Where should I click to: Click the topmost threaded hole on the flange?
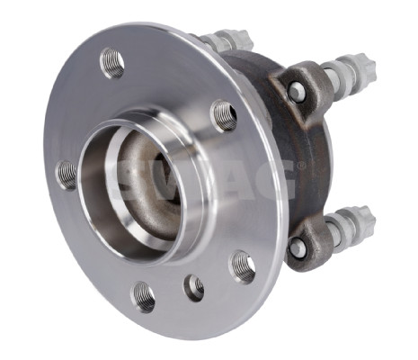click(x=113, y=62)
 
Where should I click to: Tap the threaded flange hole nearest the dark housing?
click(x=224, y=115)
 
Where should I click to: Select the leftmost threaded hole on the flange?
click(x=67, y=174)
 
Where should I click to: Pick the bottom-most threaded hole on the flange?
click(x=143, y=295)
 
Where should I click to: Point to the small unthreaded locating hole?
click(x=194, y=287)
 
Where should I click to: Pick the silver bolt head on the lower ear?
click(x=297, y=247)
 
